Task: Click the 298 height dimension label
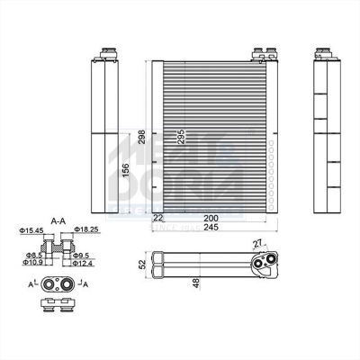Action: pos(142,136)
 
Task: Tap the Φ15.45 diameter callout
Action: pos(31,231)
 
